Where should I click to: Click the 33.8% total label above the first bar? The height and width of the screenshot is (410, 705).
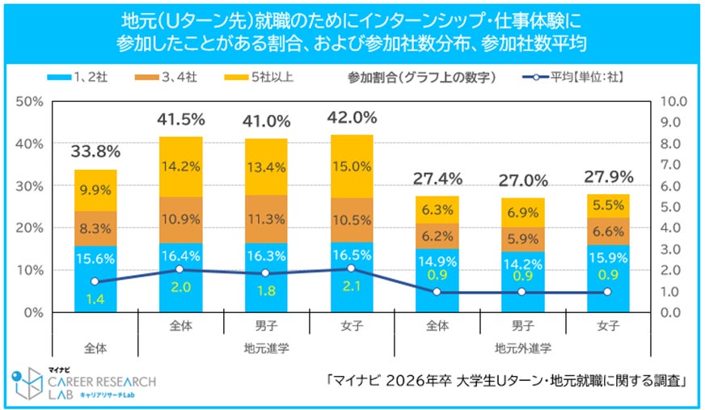click(95, 151)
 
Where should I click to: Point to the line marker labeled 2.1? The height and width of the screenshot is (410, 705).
click(352, 268)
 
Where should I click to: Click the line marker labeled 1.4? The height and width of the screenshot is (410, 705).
click(95, 281)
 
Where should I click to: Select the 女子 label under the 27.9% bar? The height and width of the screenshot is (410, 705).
click(608, 327)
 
